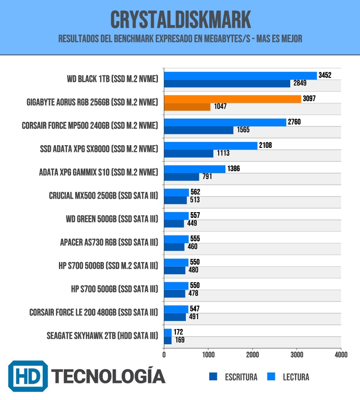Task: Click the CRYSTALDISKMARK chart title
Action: pos(180,20)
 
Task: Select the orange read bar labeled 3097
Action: pos(232,99)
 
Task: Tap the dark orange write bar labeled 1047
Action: pos(187,107)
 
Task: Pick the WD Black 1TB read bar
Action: pos(240,76)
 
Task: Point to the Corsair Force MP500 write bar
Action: pos(198,130)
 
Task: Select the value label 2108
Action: pos(265,145)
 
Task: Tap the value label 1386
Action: pos(234,169)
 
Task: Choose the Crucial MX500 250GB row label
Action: pos(103,196)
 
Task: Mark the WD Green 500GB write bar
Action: pos(174,223)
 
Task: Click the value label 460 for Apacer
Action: pos(192,247)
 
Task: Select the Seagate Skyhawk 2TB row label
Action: pos(102,336)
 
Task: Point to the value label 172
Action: pos(178,332)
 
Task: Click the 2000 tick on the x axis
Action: pos(252,355)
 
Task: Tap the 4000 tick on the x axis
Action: pos(341,355)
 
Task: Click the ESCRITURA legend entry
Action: pos(234,377)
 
